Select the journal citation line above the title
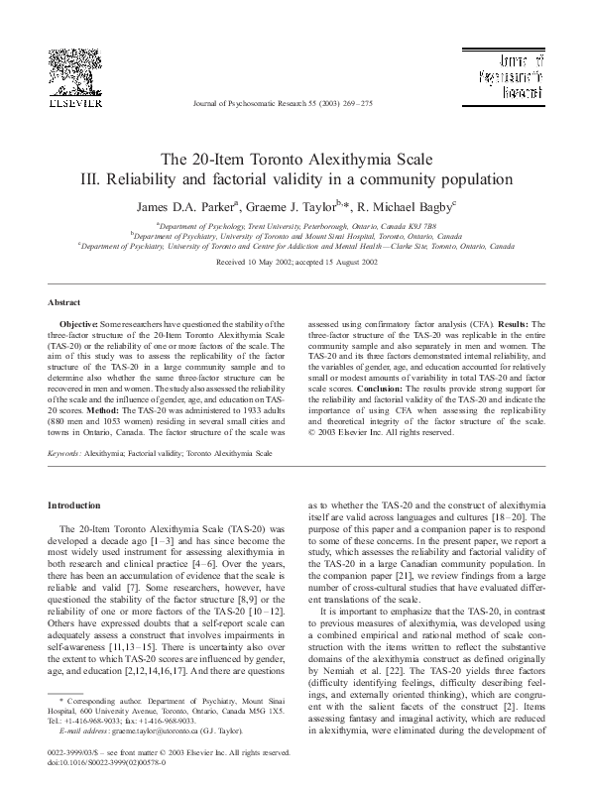294,104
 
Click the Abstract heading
64,301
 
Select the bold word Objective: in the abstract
79,324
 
